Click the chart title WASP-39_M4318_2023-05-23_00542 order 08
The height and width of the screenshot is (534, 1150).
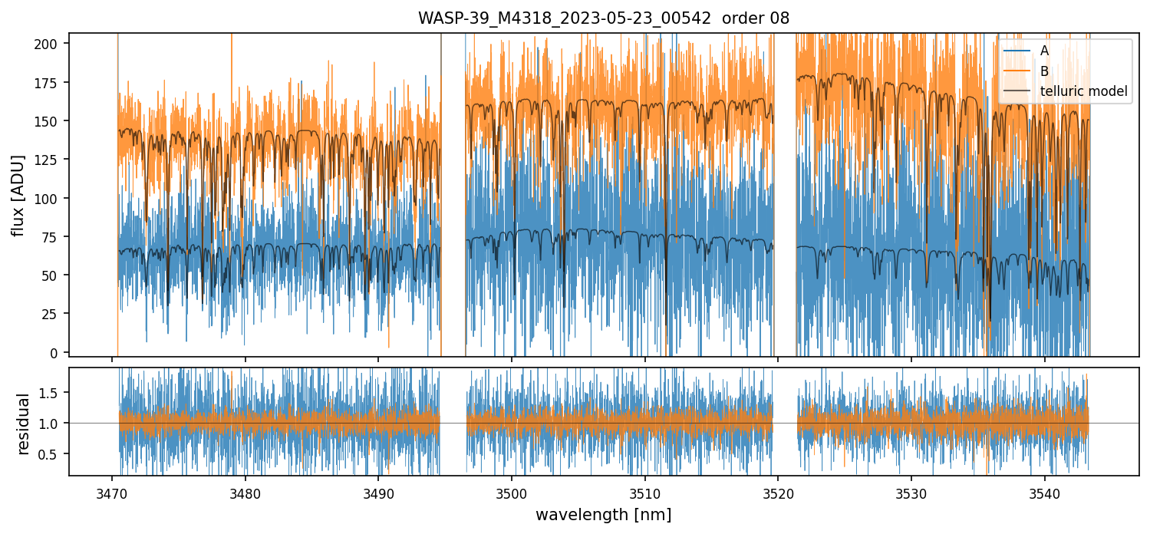coord(603,18)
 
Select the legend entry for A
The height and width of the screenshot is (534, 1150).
coord(1044,51)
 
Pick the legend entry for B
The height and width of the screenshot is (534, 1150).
coord(1044,71)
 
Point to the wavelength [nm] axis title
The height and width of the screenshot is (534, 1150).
coord(603,515)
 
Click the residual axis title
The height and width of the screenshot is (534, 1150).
coord(23,423)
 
